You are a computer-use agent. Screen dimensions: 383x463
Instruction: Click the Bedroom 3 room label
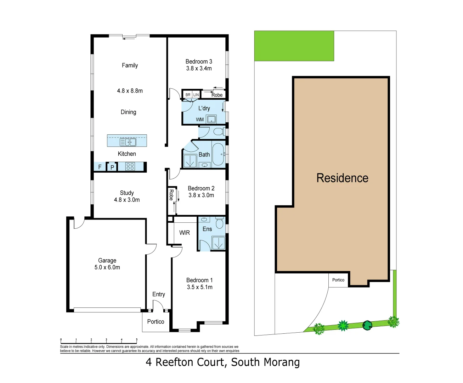point(199,62)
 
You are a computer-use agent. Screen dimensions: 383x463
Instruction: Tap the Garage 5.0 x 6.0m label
point(107,264)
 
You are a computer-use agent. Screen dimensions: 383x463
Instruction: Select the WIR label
point(185,233)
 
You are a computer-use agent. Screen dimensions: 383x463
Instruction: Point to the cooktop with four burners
point(130,166)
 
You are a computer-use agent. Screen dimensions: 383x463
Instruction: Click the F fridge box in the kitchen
point(100,167)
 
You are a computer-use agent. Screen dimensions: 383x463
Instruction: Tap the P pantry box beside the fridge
point(112,167)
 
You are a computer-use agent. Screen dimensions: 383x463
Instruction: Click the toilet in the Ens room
point(220,223)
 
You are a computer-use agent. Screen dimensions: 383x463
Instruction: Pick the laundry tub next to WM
point(211,119)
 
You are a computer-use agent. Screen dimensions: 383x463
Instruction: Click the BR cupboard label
point(188,95)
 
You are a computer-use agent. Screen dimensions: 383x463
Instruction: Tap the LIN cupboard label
point(196,95)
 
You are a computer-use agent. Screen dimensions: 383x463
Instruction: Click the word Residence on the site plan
point(342,178)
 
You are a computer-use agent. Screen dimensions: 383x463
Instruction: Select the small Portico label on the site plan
point(338,280)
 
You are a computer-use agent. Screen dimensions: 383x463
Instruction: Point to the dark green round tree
point(367,325)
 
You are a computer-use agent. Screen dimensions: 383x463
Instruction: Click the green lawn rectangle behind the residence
point(294,46)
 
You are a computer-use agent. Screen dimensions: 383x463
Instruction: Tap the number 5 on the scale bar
point(137,340)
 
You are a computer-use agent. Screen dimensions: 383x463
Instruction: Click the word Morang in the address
point(282,362)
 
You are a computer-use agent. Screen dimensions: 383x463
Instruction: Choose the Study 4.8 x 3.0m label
point(127,196)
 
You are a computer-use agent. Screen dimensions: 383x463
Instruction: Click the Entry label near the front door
point(159,294)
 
